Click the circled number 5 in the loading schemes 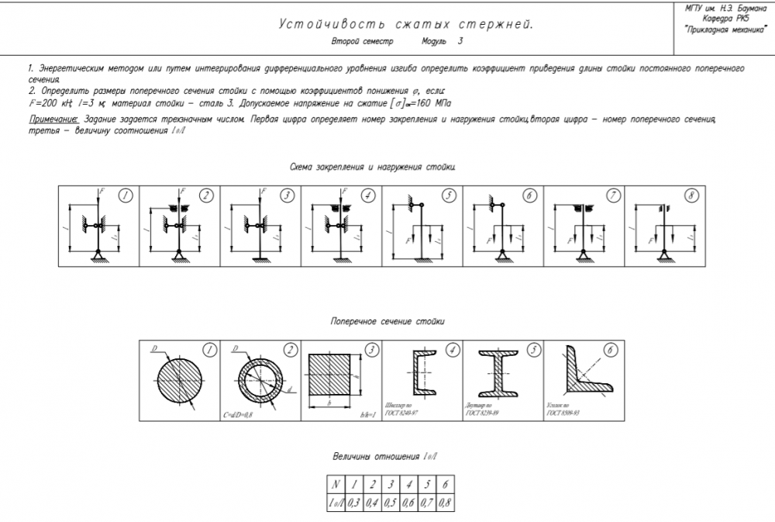[x=449, y=195]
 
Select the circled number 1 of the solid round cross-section [x=208, y=351]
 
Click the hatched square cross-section [x=332, y=374]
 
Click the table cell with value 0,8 [x=445, y=503]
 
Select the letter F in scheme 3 [x=262, y=190]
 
